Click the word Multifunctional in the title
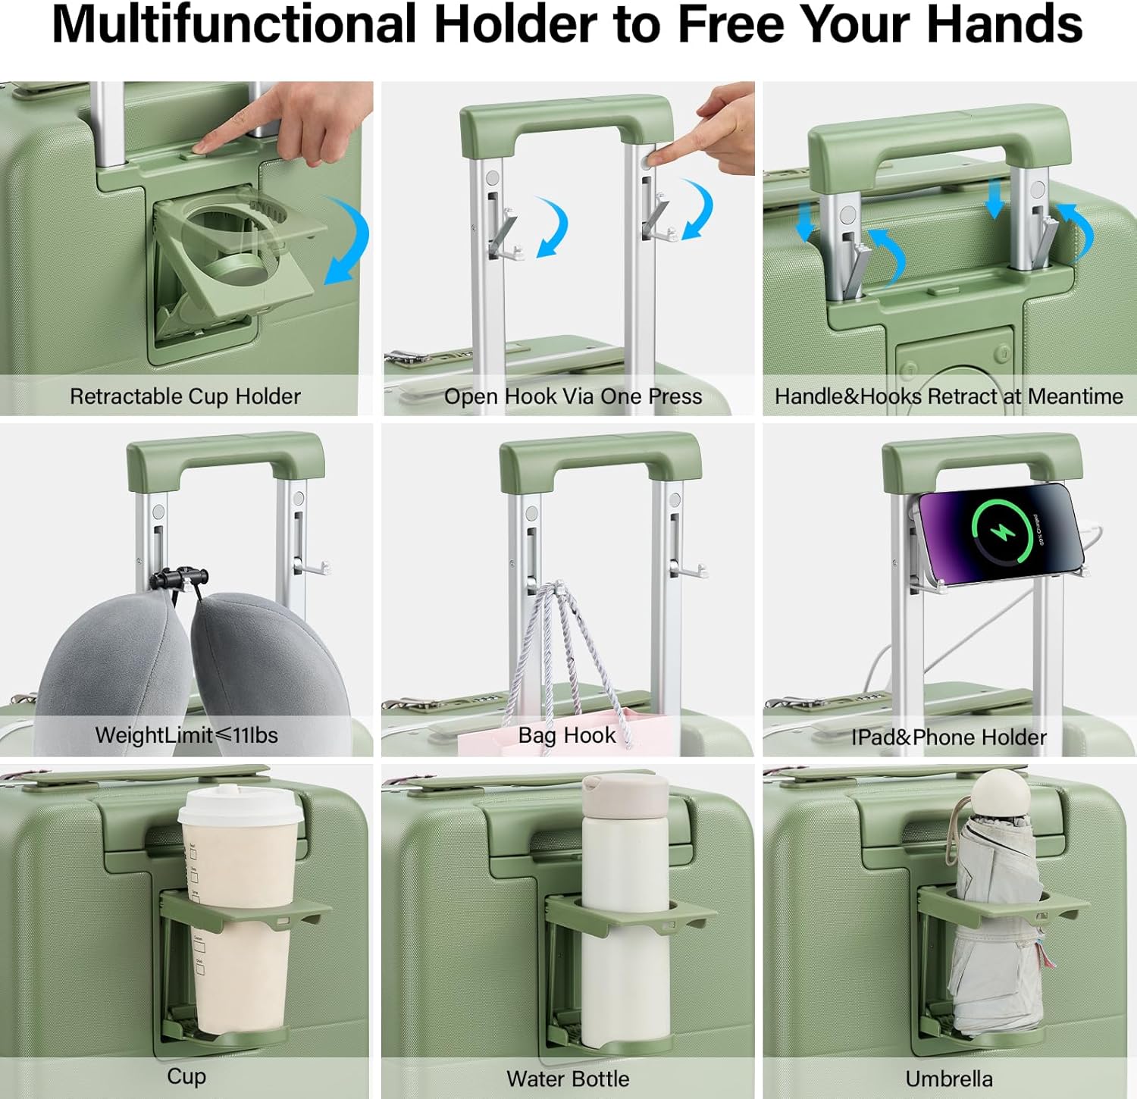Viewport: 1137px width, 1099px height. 234,23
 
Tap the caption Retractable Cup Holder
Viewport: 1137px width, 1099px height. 185,396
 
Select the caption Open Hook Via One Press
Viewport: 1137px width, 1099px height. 573,396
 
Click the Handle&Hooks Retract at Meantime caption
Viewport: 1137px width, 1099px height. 949,396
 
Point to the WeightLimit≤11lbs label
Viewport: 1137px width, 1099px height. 186,735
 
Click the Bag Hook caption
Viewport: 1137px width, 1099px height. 567,735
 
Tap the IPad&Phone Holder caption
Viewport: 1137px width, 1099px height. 949,737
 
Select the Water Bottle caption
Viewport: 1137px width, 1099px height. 568,1079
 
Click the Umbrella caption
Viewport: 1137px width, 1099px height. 949,1079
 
